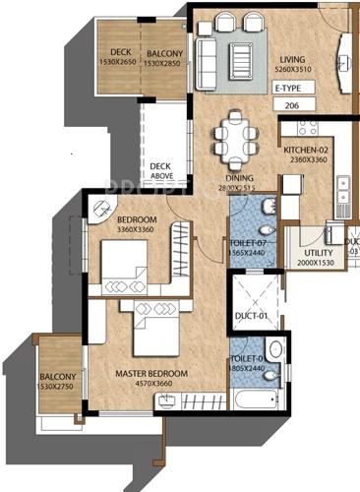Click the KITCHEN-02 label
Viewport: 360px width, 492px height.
coord(305,150)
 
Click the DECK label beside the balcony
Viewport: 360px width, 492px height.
coord(121,52)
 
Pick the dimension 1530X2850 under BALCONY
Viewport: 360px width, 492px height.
coord(164,62)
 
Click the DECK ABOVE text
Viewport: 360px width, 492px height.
coord(160,171)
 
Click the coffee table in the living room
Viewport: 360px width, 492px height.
coord(239,50)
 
